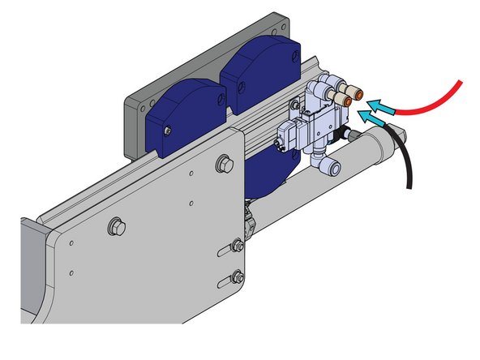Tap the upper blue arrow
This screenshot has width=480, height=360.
[381, 104]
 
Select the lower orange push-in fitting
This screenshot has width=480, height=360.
[343, 100]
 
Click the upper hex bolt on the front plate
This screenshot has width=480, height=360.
[221, 166]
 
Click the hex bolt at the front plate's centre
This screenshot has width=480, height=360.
[115, 225]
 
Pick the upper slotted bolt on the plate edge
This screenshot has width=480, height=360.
[236, 245]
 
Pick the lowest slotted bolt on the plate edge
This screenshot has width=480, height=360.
[236, 277]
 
